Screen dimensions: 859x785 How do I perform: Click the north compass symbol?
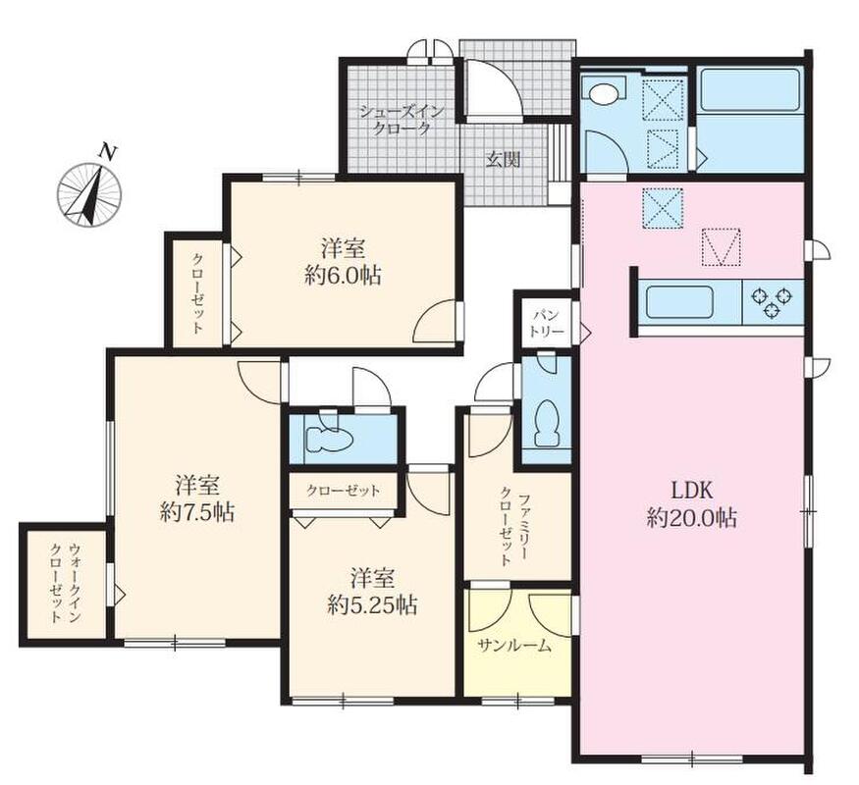(x=89, y=192)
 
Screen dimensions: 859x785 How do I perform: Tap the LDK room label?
(x=692, y=491)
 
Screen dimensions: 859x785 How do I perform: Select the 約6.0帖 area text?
(x=344, y=276)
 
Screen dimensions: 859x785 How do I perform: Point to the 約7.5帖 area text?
(x=197, y=512)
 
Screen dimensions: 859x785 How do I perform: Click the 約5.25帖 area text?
(x=372, y=604)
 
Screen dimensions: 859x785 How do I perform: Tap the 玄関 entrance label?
(x=504, y=159)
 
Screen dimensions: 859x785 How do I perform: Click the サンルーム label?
(x=513, y=646)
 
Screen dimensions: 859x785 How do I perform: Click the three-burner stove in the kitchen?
(x=773, y=301)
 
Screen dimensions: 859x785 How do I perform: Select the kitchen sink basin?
(x=680, y=302)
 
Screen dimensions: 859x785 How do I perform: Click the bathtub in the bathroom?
(x=749, y=88)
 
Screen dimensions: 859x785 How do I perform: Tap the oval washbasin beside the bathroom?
(x=603, y=92)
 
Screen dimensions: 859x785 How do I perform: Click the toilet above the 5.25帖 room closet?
(x=328, y=438)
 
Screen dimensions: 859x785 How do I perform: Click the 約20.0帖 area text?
(x=692, y=518)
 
